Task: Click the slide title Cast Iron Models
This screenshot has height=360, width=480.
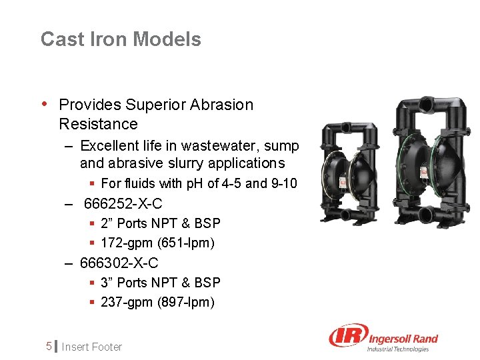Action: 121,39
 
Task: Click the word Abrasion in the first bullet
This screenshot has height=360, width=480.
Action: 222,105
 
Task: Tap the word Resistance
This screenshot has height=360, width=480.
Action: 98,124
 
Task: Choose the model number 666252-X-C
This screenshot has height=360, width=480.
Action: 123,203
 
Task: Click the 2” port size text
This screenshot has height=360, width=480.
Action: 107,223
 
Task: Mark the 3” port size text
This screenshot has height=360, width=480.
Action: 107,283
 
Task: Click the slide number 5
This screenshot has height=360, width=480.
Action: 49,347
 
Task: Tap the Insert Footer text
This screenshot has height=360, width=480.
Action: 93,347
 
